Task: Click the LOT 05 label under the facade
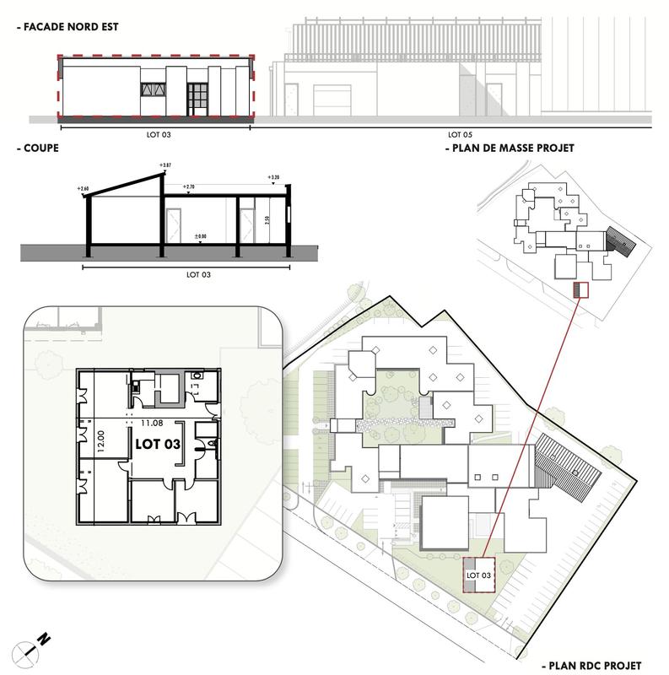pyautogui.click(x=459, y=134)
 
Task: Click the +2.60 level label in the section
pyautogui.click(x=83, y=188)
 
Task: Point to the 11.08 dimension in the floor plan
pyautogui.click(x=152, y=424)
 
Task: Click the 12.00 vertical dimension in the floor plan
pyautogui.click(x=100, y=443)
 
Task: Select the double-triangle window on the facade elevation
pyautogui.click(x=154, y=89)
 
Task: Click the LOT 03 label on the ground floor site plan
pyautogui.click(x=478, y=575)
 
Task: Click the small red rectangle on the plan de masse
pyautogui.click(x=578, y=289)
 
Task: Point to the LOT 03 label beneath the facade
pyautogui.click(x=157, y=134)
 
